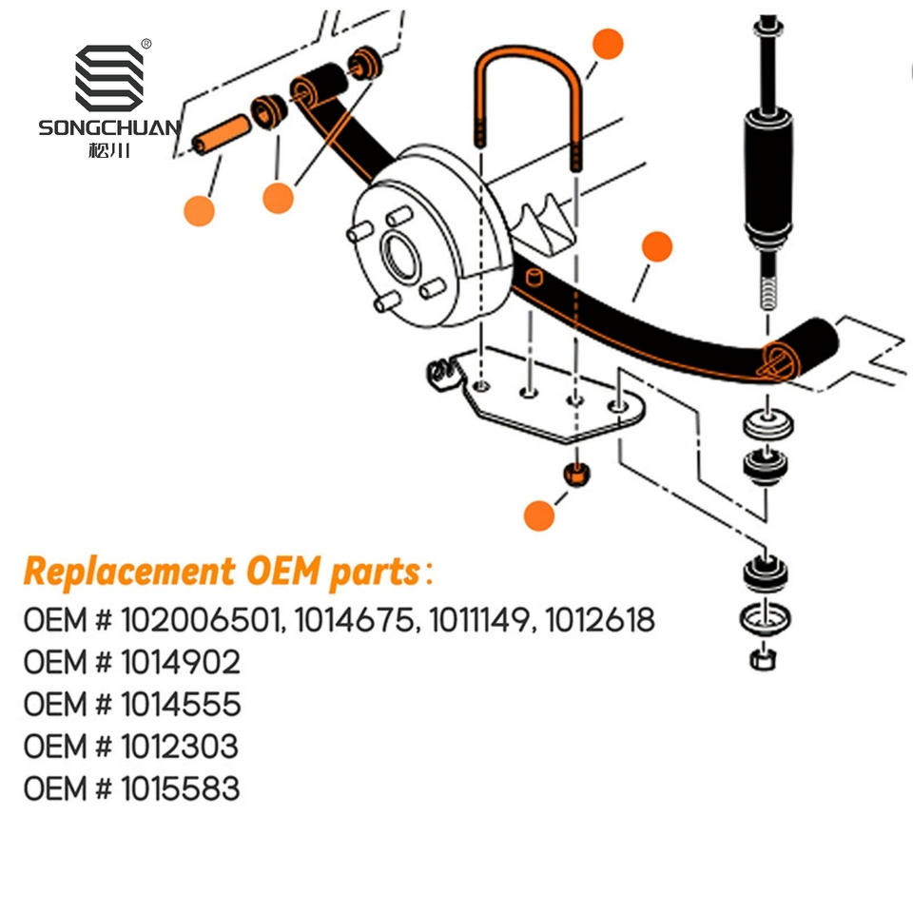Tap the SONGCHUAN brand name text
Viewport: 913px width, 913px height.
pos(108,127)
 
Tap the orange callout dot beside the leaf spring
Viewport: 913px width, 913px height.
pos(656,247)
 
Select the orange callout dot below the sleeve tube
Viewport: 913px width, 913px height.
pos(200,209)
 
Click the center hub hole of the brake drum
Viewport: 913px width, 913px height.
pos(398,254)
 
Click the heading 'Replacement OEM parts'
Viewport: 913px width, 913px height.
pos(222,573)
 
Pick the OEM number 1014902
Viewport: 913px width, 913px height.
pos(181,663)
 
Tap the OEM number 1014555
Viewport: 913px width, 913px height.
pos(181,705)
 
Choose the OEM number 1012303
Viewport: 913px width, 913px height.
pos(181,747)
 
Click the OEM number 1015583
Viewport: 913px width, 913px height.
pos(181,788)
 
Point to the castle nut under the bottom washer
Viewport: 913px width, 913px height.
pos(762,657)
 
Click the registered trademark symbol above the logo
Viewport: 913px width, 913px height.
pos(146,44)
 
